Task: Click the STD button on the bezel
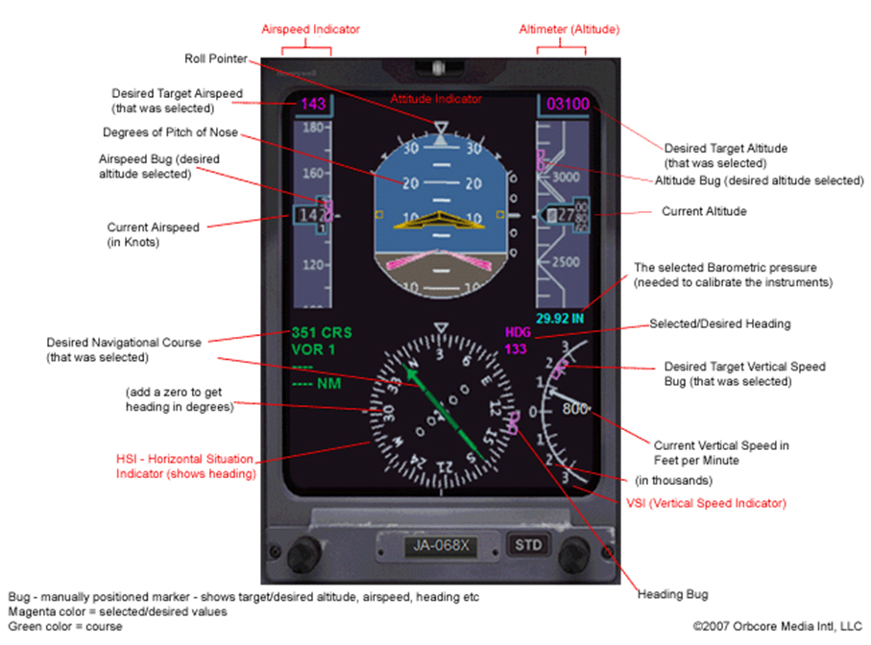(x=528, y=545)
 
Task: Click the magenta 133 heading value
(x=516, y=348)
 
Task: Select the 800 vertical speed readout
(x=574, y=408)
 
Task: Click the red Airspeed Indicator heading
(x=313, y=30)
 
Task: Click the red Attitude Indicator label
(x=435, y=99)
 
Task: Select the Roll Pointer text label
(x=214, y=59)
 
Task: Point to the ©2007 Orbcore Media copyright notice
(x=777, y=626)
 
